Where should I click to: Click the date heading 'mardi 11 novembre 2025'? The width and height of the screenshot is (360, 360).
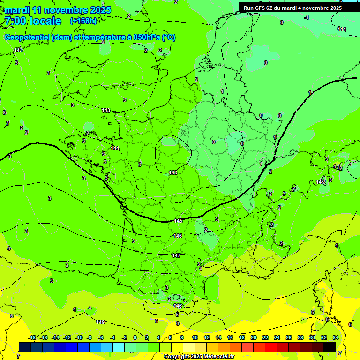[58, 10]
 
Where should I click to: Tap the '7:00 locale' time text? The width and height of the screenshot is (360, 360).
[32, 21]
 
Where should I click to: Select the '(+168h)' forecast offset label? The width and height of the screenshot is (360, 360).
[83, 21]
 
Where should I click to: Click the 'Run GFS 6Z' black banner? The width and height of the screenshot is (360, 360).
[292, 7]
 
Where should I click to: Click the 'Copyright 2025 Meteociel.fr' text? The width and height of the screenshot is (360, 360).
[199, 357]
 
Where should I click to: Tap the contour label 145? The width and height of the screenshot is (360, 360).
[178, 221]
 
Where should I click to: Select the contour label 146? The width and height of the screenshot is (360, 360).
[177, 236]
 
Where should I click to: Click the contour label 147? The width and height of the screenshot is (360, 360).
[176, 255]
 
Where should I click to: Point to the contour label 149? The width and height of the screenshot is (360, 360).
[100, 322]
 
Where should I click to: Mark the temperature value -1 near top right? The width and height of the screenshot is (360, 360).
[307, 17]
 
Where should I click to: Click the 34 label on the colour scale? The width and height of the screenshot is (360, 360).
[335, 337]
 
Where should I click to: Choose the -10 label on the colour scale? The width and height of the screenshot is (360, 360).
[79, 337]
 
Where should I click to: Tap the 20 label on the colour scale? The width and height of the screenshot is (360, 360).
[253, 337]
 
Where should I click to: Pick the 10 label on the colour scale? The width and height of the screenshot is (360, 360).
[195, 337]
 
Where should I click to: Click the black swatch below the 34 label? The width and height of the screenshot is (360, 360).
[330, 347]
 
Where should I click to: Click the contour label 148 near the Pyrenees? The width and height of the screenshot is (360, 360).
[178, 306]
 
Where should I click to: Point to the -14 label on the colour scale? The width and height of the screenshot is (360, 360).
[55, 337]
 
